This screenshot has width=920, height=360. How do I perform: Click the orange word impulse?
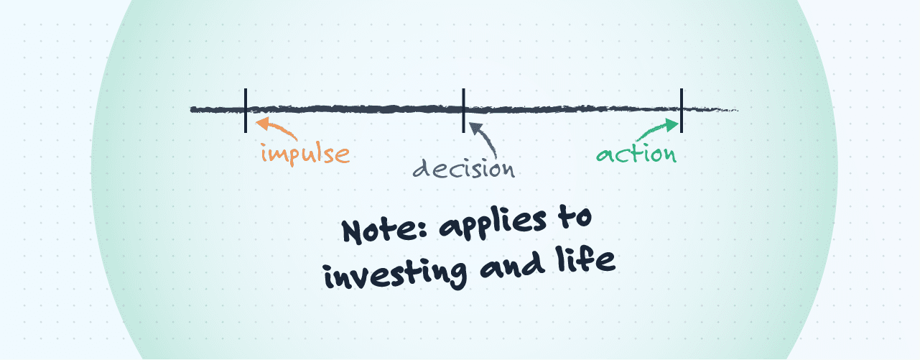point(305,154)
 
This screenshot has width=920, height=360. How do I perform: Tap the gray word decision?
point(464,168)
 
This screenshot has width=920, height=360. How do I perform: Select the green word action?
point(636,154)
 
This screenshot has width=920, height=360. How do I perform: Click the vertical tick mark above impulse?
point(246,110)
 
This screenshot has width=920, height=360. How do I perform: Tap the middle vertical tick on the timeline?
point(464,110)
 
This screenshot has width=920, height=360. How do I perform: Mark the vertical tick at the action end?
point(681,110)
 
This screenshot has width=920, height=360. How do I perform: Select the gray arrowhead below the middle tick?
point(473,126)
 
